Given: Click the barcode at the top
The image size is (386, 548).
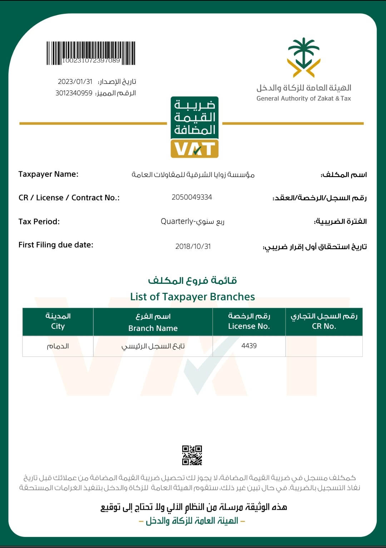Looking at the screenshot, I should point(91,53).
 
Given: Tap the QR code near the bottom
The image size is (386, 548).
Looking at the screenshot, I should point(192,455).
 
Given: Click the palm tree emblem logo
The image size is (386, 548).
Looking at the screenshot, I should point(303,57).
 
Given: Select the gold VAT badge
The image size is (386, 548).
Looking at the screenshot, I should point(194,149).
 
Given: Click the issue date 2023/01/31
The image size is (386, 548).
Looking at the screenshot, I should point(75,82).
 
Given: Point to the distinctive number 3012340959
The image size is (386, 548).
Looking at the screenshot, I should point(74,93).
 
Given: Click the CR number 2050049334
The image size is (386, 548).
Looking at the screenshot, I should point(192,197).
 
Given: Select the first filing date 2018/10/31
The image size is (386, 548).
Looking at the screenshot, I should point(193,246).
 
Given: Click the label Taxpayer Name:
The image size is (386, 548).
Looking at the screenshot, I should point(48,174).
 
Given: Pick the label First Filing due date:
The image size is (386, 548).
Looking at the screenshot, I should point(56,245).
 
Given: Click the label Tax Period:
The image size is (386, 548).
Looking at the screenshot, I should point(39,222).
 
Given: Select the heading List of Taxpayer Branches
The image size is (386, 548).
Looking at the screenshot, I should point(193,297).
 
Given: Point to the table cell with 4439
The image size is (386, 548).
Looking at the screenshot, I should point(249,346).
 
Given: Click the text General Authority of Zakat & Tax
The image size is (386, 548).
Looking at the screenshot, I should point(304,99).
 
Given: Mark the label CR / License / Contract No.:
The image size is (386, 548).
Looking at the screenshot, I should point(69,198).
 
